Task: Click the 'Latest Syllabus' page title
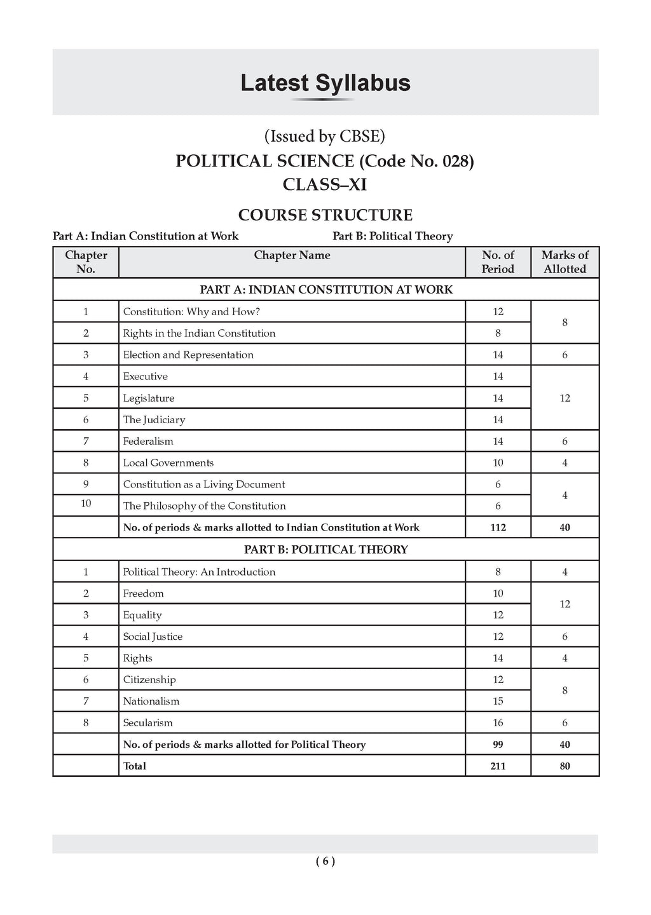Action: coord(325,83)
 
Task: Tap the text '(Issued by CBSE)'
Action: coord(325,136)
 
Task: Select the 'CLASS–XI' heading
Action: coord(325,184)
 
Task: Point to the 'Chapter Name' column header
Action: coord(292,255)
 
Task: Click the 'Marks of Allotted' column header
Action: coord(565,262)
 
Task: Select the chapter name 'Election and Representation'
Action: coord(188,355)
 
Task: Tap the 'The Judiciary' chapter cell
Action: coord(154,419)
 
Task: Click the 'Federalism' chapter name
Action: coord(148,441)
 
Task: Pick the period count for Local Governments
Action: coord(498,463)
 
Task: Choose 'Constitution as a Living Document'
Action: coord(204,484)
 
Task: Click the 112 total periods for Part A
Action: coord(498,527)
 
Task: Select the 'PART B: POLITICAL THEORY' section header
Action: coord(325,550)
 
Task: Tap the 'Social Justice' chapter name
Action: coord(153,637)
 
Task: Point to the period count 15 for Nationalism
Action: coord(498,701)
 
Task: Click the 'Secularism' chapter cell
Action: coord(147,723)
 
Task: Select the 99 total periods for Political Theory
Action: coord(498,745)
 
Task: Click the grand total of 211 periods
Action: coord(498,766)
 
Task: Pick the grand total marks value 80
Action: coord(565,766)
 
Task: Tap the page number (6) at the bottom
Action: coord(325,862)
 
